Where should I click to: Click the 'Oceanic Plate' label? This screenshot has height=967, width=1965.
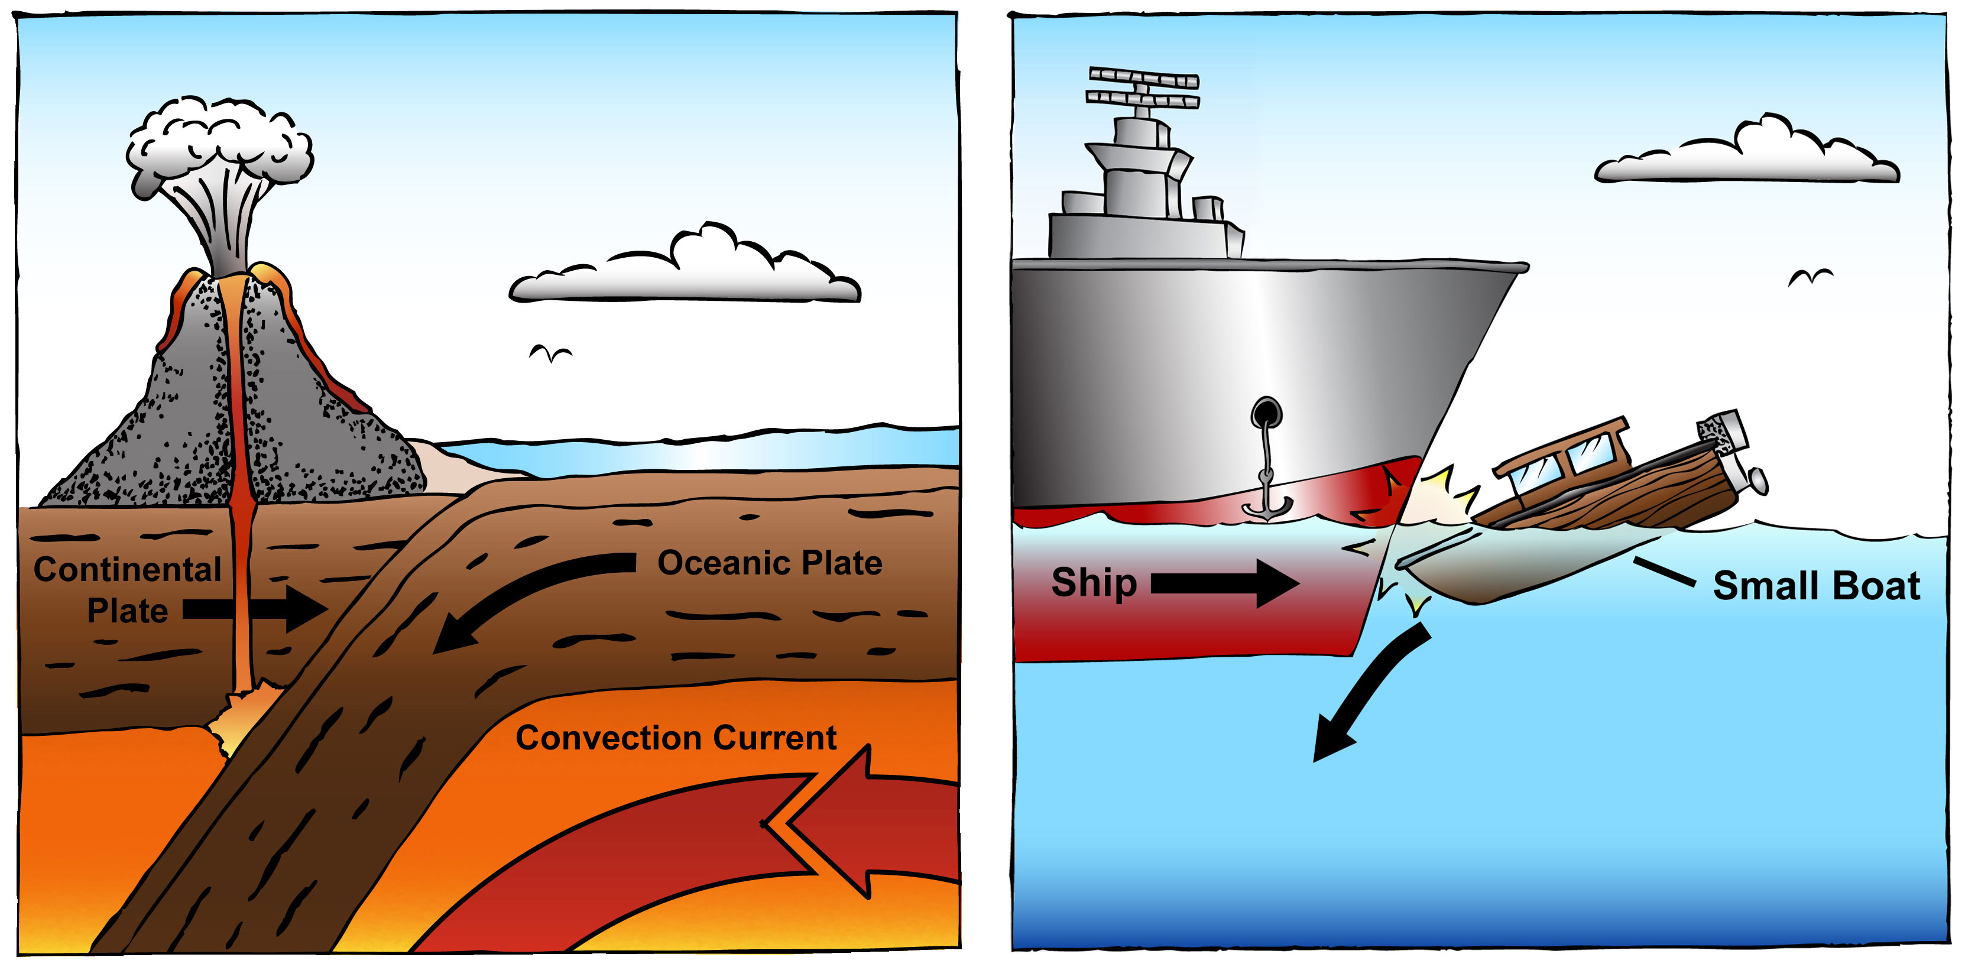tap(769, 563)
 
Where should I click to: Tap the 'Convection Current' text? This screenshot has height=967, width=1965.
tap(676, 738)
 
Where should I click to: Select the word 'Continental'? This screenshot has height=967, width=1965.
tap(127, 570)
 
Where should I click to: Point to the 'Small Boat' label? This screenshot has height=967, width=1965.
tap(1816, 586)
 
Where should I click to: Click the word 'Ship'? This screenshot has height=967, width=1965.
tap(1094, 583)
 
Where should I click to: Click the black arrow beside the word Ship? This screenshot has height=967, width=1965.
tap(1224, 583)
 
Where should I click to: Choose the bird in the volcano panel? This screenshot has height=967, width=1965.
tap(550, 353)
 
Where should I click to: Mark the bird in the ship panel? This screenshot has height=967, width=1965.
tap(1810, 277)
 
